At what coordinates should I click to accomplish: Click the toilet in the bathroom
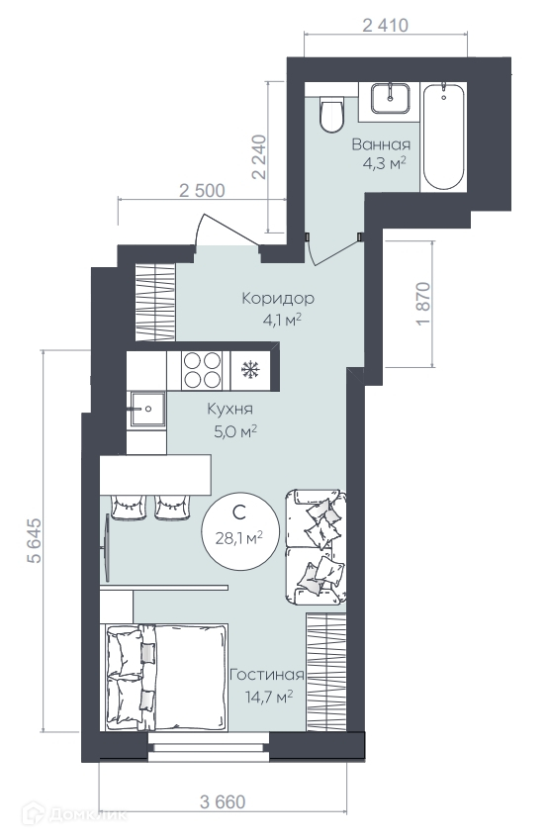pos(331,114)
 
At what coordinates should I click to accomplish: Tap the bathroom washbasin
pos(391,98)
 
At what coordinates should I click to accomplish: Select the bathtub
pos(443,136)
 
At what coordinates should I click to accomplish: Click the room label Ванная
pos(381,144)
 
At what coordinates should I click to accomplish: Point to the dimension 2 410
pos(385,25)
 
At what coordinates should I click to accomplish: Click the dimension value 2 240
pos(259,156)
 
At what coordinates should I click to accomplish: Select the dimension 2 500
pos(202,190)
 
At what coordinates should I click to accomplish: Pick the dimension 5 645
pos(34,540)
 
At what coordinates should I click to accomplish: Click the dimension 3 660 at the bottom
pos(223,802)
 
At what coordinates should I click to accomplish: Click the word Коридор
pos(278,298)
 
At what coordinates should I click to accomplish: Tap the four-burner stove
pos(203,370)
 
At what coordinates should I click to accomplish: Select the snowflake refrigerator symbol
pos(250,369)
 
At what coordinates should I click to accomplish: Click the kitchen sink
pos(146,409)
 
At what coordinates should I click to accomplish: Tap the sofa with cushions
pos(317,547)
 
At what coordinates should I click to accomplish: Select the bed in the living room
pos(164,677)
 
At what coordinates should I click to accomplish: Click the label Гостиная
pos(267,675)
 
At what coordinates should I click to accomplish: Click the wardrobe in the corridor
pos(155,302)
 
